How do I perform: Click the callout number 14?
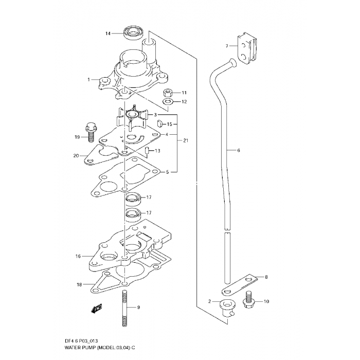(x=108, y=34)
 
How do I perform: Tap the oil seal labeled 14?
(x=133, y=33)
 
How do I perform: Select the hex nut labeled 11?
(x=168, y=93)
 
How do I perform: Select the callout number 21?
(x=186, y=140)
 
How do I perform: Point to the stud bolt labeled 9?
(x=124, y=308)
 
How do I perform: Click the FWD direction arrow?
(x=97, y=309)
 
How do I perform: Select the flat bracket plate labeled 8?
(x=240, y=285)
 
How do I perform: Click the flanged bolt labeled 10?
(x=248, y=301)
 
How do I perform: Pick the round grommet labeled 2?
(x=227, y=309)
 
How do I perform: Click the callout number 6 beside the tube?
(x=239, y=150)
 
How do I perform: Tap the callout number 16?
(x=78, y=256)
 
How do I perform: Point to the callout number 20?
(x=76, y=156)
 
